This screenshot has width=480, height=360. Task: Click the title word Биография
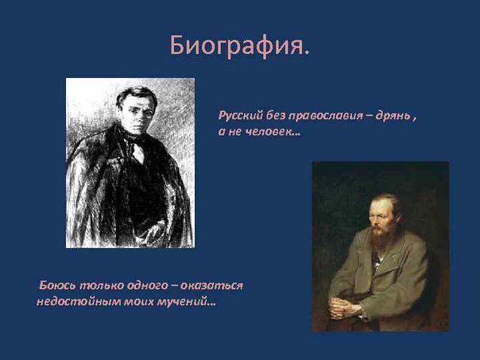239,46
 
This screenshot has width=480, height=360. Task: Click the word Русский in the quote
242,116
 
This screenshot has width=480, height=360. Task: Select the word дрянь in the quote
393,116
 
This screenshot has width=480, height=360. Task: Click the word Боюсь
57,285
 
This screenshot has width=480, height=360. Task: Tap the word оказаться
211,285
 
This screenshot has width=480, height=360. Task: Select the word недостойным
78,302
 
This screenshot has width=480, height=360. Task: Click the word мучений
186,302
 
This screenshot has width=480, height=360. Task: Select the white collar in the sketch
137,152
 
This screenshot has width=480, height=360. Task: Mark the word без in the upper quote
276,116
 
